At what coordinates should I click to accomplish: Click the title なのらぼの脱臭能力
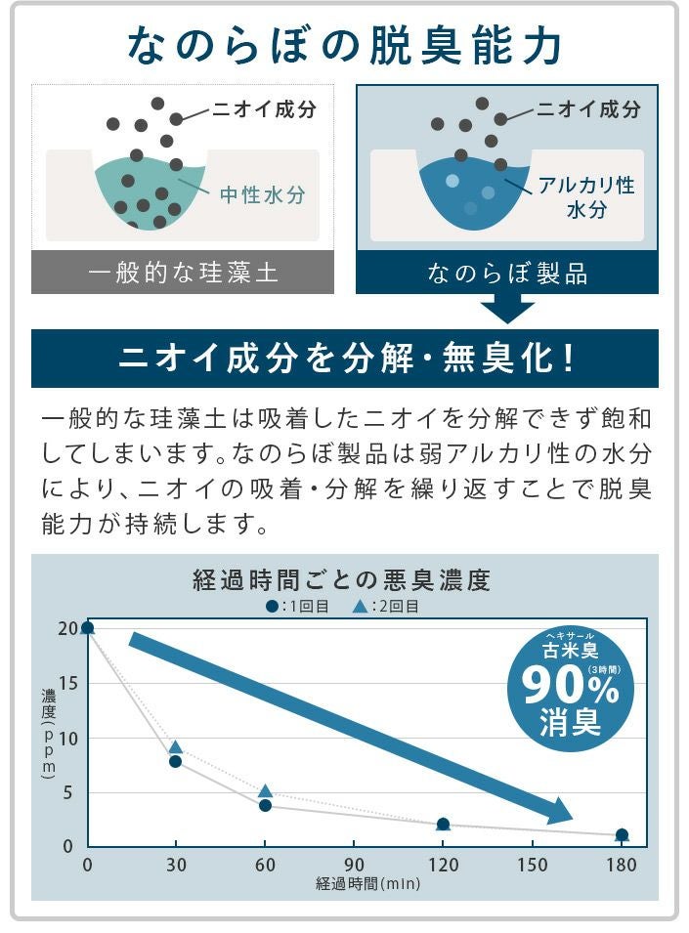pos(344,46)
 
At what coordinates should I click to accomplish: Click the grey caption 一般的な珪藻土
pos(183,273)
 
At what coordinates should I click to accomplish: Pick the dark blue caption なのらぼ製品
pos(507,273)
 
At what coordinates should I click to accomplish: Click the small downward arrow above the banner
pos(507,310)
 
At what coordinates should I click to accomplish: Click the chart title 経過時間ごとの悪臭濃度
pos(341,580)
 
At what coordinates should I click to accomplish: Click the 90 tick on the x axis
pos(354,866)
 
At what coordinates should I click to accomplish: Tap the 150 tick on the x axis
pos(533,866)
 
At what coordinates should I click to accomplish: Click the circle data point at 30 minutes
pos(176,761)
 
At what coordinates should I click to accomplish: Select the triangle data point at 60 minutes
pos(265,791)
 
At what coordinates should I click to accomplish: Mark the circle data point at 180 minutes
pos(622,835)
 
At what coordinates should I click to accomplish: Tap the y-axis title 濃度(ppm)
pos(48,733)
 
